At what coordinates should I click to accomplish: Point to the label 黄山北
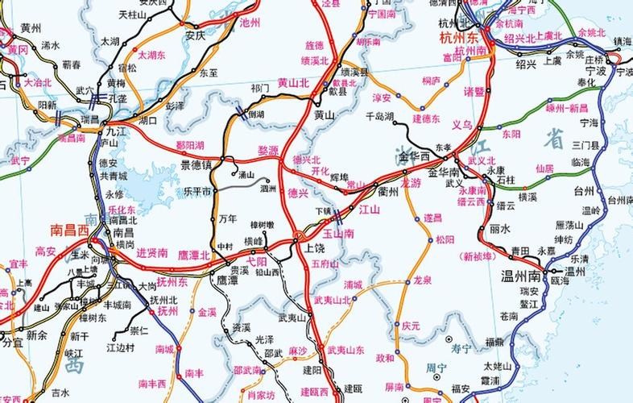click(293, 82)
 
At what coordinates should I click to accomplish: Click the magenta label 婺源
click(267, 151)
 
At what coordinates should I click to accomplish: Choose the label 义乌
click(461, 125)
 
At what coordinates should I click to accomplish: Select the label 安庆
click(196, 35)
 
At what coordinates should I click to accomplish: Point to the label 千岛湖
click(379, 117)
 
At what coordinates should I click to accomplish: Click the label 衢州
click(388, 191)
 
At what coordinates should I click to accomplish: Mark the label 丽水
click(500, 228)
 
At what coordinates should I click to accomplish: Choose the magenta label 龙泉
click(423, 280)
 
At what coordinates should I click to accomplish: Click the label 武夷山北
click(332, 300)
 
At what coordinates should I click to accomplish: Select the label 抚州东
click(172, 282)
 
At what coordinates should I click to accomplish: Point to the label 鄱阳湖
click(189, 145)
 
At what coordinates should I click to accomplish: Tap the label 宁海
click(590, 123)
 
